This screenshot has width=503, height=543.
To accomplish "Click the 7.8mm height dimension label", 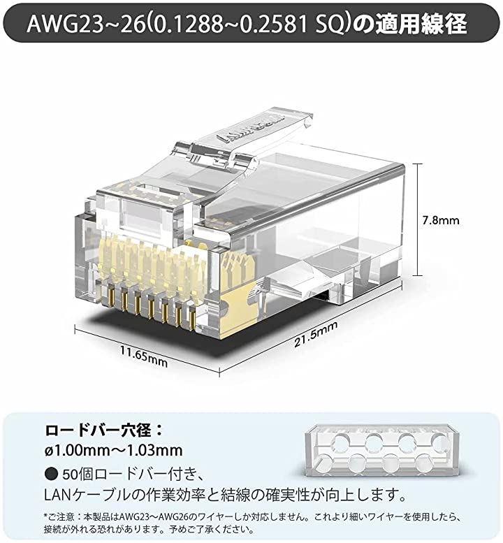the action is [x=440, y=220].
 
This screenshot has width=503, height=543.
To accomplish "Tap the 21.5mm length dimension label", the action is [x=315, y=334].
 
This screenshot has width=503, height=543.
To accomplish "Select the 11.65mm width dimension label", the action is [x=144, y=356].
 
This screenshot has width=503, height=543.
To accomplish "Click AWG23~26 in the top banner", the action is [x=85, y=24].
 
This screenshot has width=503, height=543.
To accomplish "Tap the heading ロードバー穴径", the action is [x=99, y=430].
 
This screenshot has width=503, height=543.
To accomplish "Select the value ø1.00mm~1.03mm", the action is [x=114, y=451].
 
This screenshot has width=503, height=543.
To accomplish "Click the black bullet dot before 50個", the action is [x=51, y=474].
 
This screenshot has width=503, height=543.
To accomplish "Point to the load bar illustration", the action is [x=383, y=450].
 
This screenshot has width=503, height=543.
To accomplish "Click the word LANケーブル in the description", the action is [x=89, y=495].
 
